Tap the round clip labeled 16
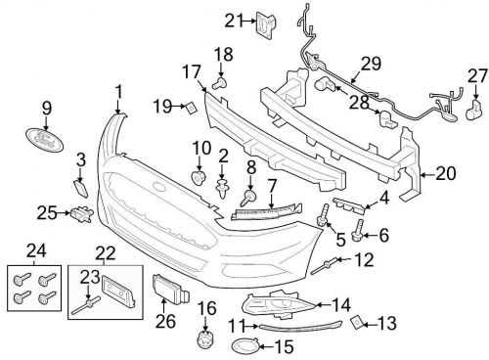tap(204, 339)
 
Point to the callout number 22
tap(103, 253)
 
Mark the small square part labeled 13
tap(356, 320)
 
